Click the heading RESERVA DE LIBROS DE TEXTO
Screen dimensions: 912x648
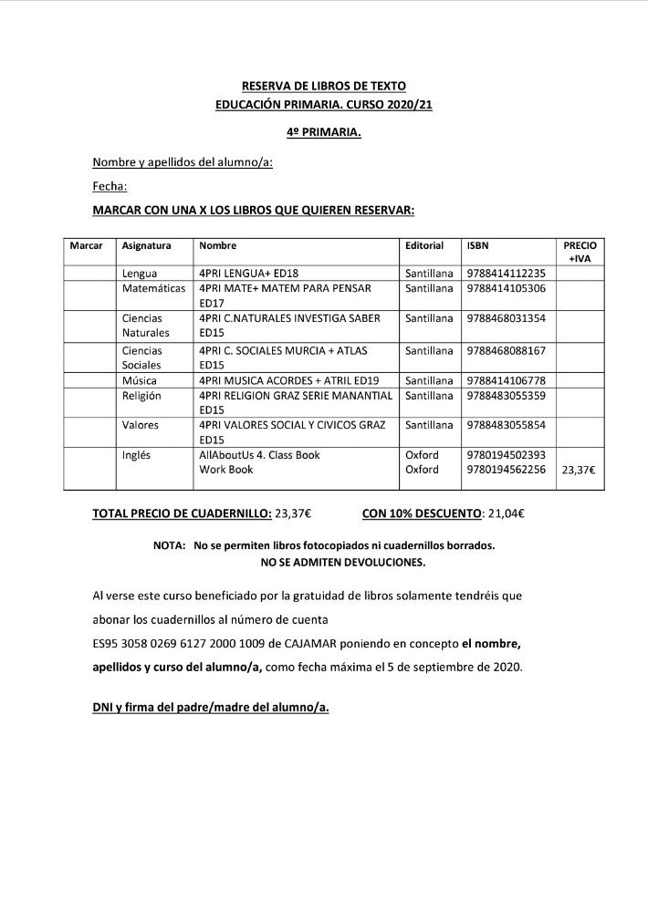pyautogui.click(x=323, y=87)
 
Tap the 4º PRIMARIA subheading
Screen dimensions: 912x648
pyautogui.click(x=323, y=134)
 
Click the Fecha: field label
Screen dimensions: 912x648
pyautogui.click(x=110, y=187)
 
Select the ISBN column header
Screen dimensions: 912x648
pyautogui.click(x=477, y=246)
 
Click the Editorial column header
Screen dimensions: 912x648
pyautogui.click(x=424, y=246)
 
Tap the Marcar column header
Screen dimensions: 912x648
pyautogui.click(x=86, y=246)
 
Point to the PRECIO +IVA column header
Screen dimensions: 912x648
pyautogui.click(x=580, y=253)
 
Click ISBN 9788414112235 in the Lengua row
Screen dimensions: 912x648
pyautogui.click(x=506, y=273)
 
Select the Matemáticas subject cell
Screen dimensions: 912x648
pyautogui.click(x=154, y=288)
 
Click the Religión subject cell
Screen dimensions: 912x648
pyautogui.click(x=141, y=396)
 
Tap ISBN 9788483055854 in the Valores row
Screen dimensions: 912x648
pyautogui.click(x=506, y=425)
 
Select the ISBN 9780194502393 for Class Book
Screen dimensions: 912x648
pyautogui.click(x=506, y=454)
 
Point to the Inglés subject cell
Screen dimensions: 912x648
pyautogui.click(x=137, y=454)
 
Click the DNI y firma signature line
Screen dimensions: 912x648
pyautogui.click(x=210, y=707)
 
